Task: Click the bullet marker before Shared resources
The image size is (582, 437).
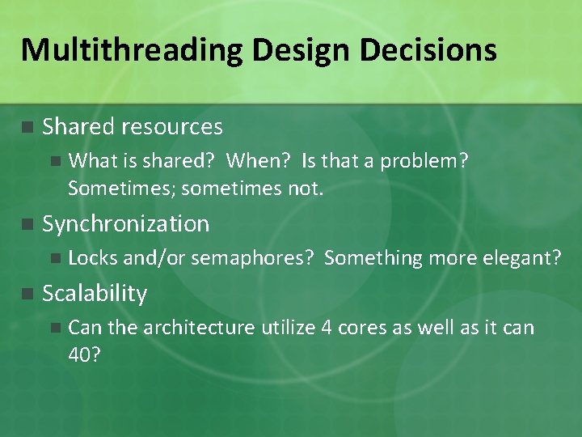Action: pos(27,127)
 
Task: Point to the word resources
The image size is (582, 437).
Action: pos(172,127)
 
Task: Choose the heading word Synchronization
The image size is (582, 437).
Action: pos(125,224)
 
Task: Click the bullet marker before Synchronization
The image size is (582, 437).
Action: pos(27,225)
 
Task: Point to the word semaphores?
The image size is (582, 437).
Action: pos(252,258)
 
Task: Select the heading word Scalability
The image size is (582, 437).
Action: pos(95,294)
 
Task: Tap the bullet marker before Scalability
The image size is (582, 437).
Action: pos(27,294)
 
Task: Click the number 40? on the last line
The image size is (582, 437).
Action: pos(85,355)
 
